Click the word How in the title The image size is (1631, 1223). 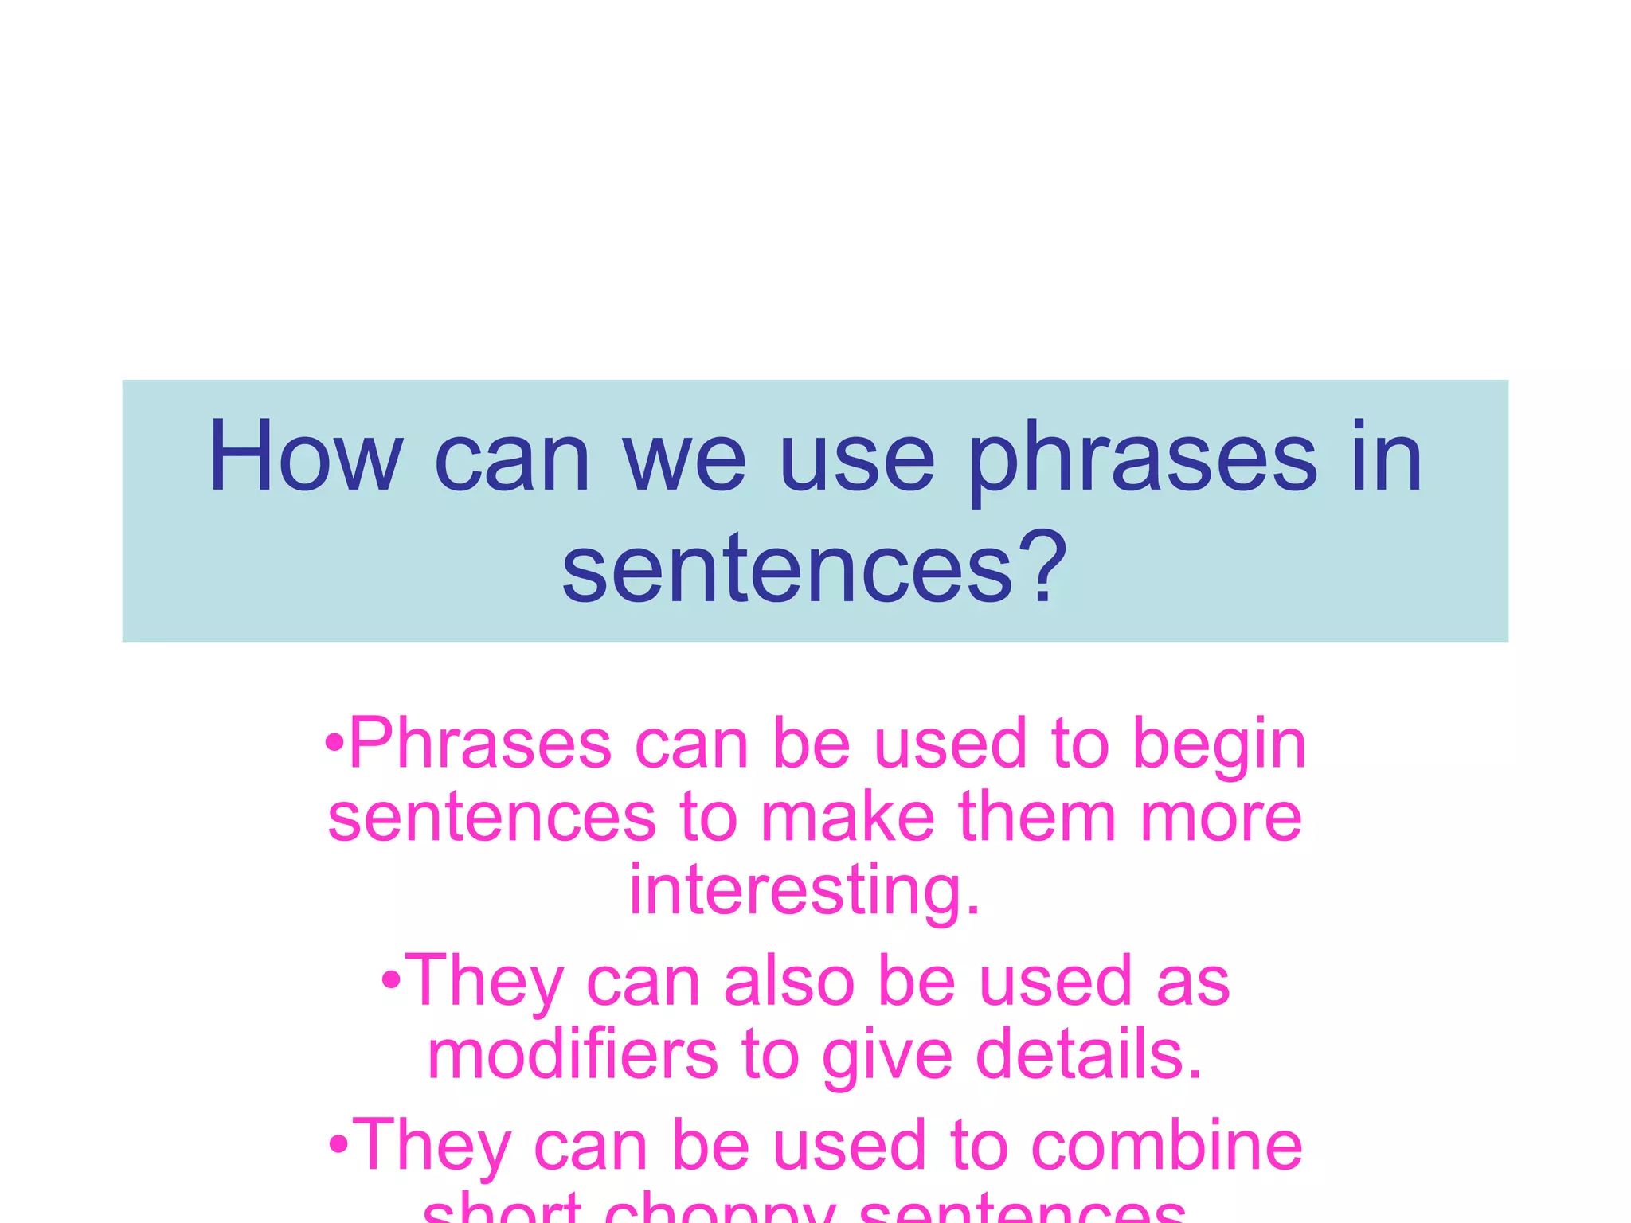click(306, 457)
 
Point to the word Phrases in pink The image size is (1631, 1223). click(480, 745)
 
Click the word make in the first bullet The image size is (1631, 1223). click(847, 818)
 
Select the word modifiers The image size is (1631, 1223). click(572, 1056)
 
